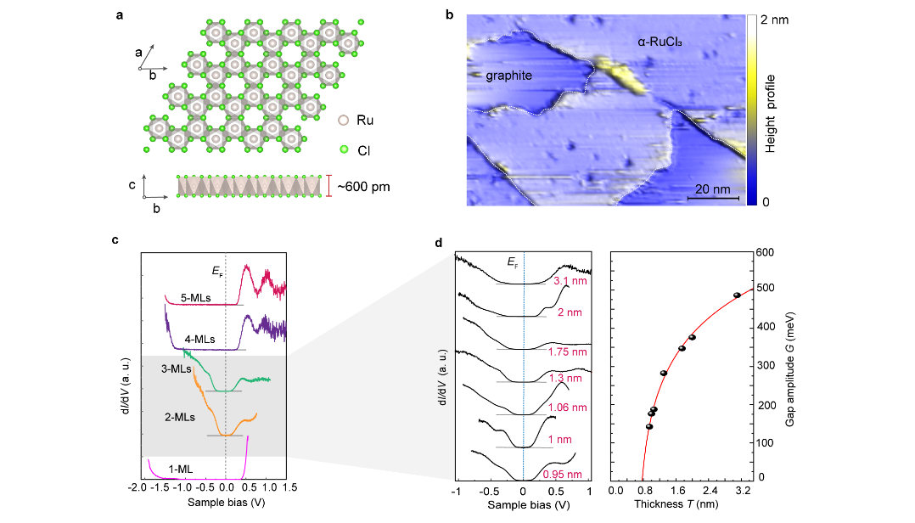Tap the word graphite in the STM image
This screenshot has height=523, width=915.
pos(508,76)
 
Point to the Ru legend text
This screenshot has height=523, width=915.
pos(364,121)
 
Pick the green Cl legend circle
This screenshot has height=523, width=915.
pos(344,149)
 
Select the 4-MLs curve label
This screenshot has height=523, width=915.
pos(200,340)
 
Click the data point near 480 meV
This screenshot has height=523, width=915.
pos(737,295)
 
